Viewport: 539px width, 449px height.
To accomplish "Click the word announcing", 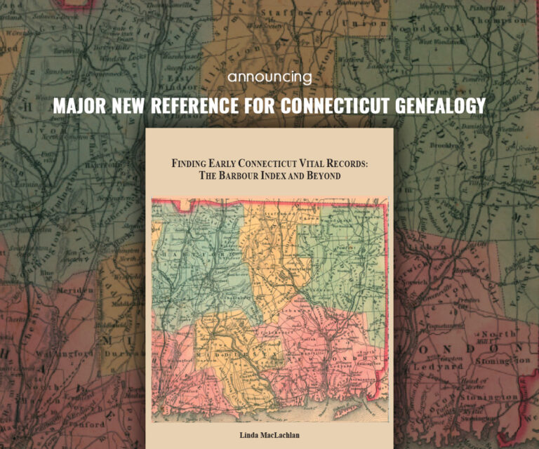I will [269, 78].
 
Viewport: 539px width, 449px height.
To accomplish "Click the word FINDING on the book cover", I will [192, 163].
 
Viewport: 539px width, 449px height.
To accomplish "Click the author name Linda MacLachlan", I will [269, 436].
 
